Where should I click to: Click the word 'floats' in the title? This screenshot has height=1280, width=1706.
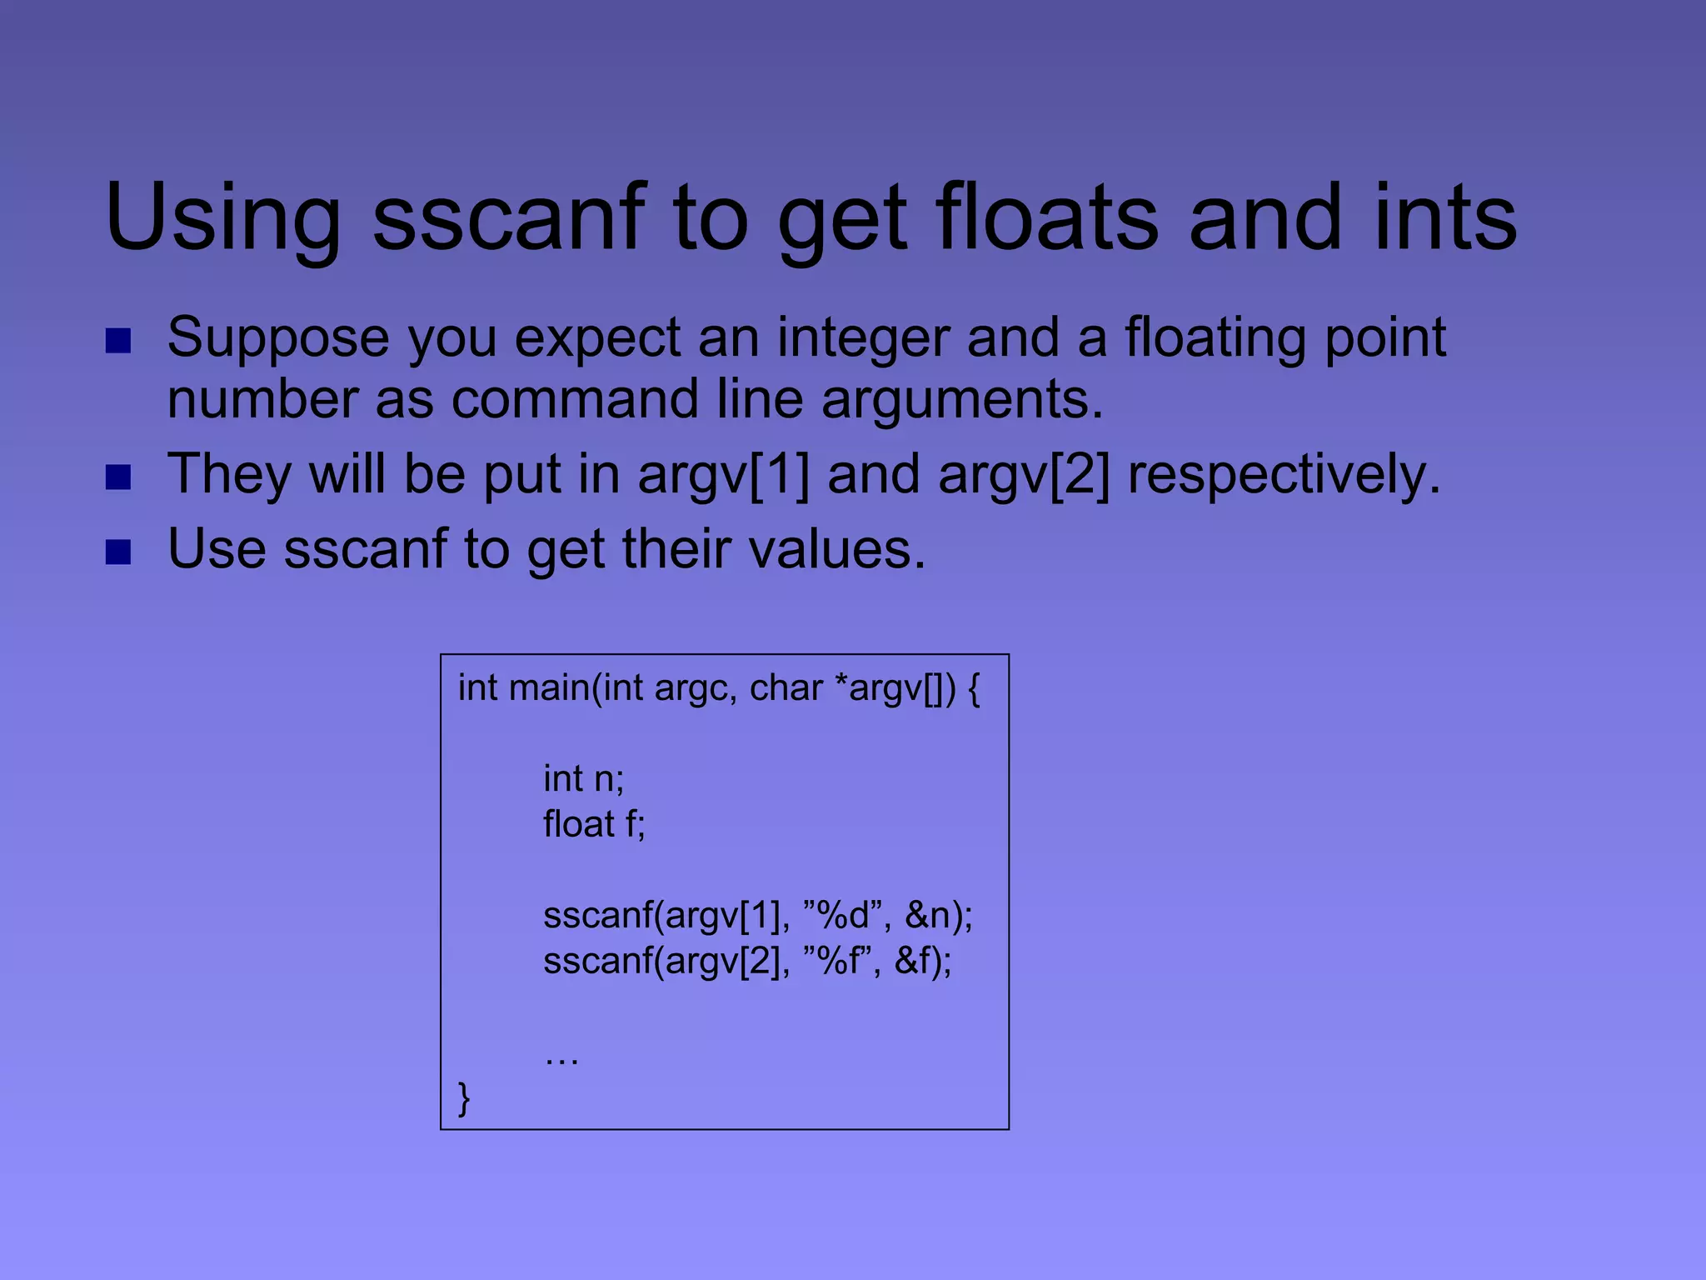click(x=1047, y=218)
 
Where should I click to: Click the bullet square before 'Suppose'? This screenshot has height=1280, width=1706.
click(x=118, y=341)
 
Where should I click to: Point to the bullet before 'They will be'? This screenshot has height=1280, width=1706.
click(x=118, y=477)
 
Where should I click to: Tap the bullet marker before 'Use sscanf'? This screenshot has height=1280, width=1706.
click(x=118, y=552)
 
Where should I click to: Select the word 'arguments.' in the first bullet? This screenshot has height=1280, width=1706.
click(x=962, y=401)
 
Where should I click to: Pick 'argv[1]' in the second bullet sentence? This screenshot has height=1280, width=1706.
click(x=723, y=475)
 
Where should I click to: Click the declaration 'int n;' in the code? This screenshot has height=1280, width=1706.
click(x=583, y=779)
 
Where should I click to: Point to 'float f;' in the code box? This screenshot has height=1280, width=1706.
click(x=594, y=824)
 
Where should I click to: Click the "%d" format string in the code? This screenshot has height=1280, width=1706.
click(x=843, y=916)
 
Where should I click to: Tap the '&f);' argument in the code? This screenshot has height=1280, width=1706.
click(x=923, y=962)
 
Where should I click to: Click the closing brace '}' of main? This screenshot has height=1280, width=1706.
click(x=464, y=1098)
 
